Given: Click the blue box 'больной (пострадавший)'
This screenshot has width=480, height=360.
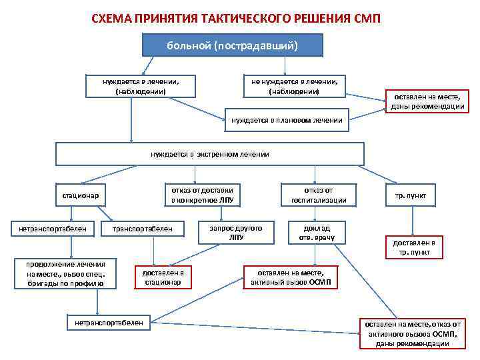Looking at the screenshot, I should [x=233, y=46].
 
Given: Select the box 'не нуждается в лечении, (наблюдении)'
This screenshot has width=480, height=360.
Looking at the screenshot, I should [x=294, y=86].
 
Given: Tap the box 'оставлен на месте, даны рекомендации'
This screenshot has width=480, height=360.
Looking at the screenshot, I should [x=428, y=101].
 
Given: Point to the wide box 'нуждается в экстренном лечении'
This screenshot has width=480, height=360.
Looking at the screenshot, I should [x=209, y=154].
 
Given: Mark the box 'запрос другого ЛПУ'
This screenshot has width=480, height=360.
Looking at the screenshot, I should [x=236, y=232].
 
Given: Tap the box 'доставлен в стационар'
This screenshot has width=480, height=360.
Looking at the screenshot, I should [x=163, y=277].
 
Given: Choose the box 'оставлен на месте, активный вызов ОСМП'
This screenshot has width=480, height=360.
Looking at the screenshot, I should [x=295, y=277].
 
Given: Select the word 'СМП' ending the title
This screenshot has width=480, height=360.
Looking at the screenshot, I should [x=367, y=16].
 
